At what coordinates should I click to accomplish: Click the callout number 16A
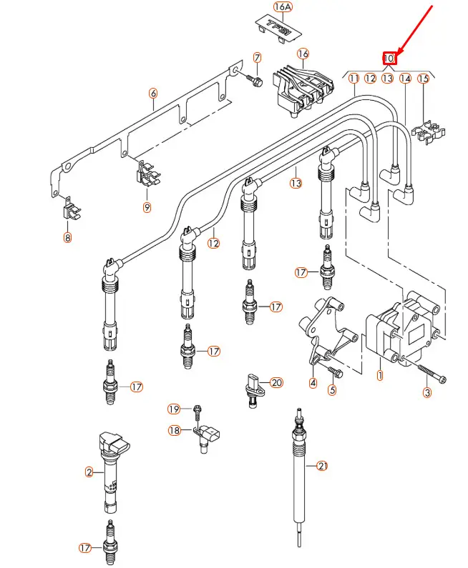(x=283, y=7)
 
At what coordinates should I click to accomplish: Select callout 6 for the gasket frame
(x=152, y=94)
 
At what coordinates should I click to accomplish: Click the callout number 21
(x=322, y=467)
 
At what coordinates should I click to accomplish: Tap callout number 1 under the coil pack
(x=380, y=374)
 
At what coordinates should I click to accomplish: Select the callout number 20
(x=277, y=383)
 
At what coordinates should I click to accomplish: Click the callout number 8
(x=68, y=238)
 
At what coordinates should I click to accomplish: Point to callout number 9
(x=147, y=208)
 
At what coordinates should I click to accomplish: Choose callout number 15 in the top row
(x=423, y=78)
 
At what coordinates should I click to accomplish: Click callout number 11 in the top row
(x=354, y=78)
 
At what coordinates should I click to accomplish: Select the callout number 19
(x=174, y=409)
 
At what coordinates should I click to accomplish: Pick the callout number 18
(x=174, y=430)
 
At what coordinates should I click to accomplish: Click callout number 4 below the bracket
(x=313, y=383)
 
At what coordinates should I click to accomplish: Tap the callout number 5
(x=331, y=390)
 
